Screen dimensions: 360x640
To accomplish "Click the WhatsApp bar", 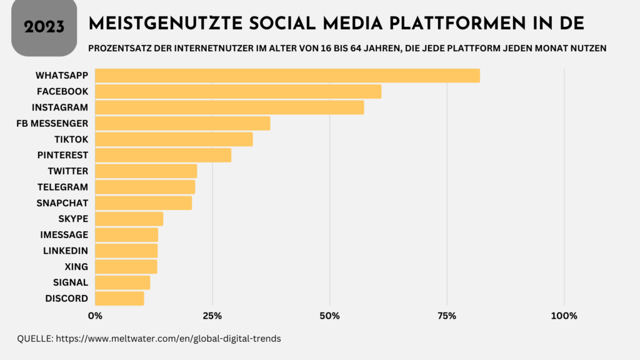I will click(x=287, y=76).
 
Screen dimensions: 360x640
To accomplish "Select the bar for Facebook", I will click(x=238, y=91).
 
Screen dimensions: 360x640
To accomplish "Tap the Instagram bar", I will click(x=229, y=107).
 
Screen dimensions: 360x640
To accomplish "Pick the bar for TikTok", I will click(x=174, y=139).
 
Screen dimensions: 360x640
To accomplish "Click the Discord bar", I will click(x=119, y=299).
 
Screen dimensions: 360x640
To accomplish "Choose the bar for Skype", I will click(x=129, y=219).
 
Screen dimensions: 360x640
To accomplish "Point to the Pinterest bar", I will click(x=163, y=155).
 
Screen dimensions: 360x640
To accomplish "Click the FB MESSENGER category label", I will click(x=52, y=123).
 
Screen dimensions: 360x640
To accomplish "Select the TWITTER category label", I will click(x=67, y=171).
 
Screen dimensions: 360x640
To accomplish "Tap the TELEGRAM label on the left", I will click(x=63, y=187).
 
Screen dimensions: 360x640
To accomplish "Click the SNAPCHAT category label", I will click(x=62, y=203).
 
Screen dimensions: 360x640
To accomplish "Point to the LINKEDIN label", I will click(x=66, y=251).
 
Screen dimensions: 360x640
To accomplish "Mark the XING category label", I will click(x=76, y=267).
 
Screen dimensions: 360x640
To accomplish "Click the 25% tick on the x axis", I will click(x=212, y=316).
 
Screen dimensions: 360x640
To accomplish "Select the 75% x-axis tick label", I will click(x=447, y=316).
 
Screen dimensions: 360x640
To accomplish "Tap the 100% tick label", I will click(x=564, y=316).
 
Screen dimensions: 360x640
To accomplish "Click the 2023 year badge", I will click(x=44, y=26).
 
